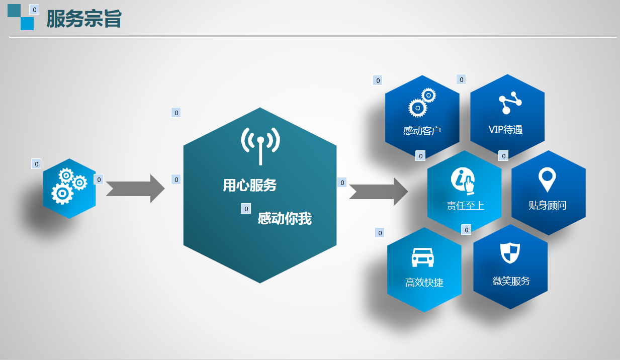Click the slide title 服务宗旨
(84, 19)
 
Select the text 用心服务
(250, 185)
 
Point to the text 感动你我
(285, 218)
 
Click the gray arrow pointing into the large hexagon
(135, 189)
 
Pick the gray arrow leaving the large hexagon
(378, 192)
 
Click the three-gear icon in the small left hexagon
(69, 186)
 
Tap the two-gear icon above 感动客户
(422, 103)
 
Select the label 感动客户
(422, 131)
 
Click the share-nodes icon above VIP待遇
(510, 103)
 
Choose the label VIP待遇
(505, 130)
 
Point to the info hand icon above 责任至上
(463, 181)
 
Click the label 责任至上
(465, 206)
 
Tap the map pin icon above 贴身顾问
(547, 179)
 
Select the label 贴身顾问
(548, 205)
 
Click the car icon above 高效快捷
(423, 257)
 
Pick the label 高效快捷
(424, 283)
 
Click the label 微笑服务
(511, 281)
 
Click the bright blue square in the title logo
(27, 24)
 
